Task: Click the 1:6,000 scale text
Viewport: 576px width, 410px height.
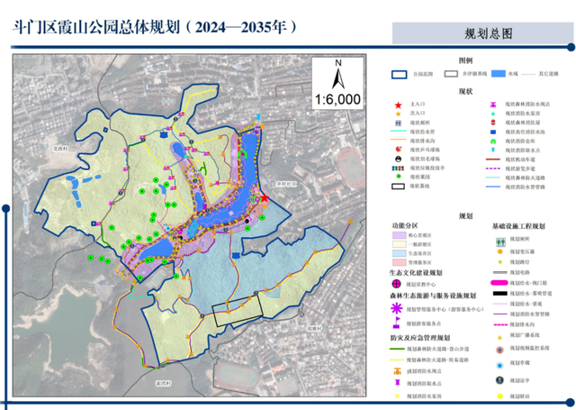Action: click(x=338, y=97)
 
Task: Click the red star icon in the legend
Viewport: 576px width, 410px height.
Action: click(x=400, y=105)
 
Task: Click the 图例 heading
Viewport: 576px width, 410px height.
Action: click(x=465, y=59)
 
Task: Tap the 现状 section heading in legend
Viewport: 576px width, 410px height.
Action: click(x=465, y=91)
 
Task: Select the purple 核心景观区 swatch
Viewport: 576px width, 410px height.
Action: click(x=400, y=234)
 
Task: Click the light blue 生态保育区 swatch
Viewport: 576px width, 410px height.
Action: click(x=400, y=251)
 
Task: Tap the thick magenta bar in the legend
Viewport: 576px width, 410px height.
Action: click(x=499, y=280)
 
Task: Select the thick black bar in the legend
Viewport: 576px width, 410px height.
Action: click(x=499, y=294)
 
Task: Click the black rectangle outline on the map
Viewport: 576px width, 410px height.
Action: click(x=236, y=308)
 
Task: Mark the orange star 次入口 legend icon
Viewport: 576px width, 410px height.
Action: click(x=400, y=114)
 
